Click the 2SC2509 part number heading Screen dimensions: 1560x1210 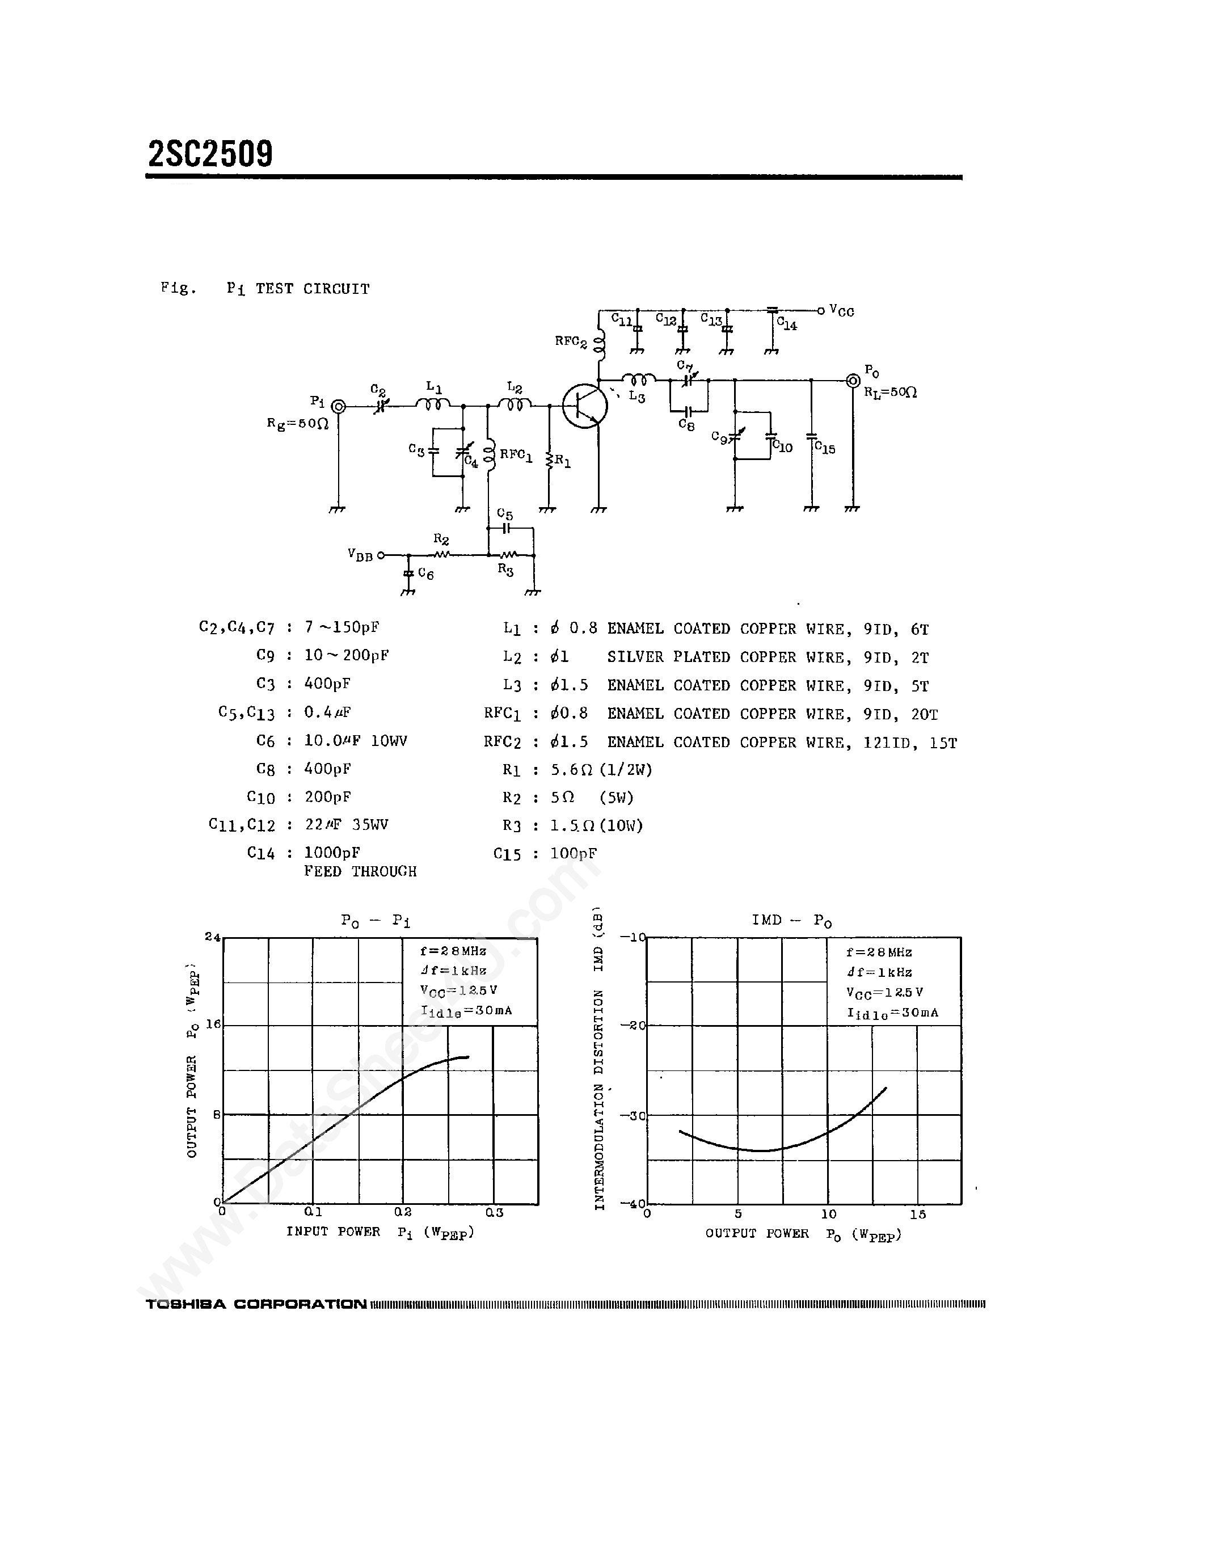(x=210, y=154)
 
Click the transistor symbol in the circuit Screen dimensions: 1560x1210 (x=585, y=406)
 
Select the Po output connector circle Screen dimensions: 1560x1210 (x=852, y=381)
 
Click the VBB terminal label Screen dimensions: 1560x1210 (x=360, y=555)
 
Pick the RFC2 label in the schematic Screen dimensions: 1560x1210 (x=571, y=342)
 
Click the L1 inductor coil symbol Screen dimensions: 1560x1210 (x=433, y=405)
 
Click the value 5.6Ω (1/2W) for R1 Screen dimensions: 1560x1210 (x=601, y=769)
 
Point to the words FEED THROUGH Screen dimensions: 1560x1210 (x=360, y=871)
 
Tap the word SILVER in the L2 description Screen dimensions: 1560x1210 (x=635, y=657)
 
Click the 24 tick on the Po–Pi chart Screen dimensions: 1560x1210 (x=212, y=937)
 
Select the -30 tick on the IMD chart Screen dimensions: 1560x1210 (x=632, y=1116)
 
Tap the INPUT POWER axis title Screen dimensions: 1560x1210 (x=333, y=1232)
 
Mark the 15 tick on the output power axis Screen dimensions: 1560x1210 (x=918, y=1215)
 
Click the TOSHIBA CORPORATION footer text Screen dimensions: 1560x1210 (x=256, y=1304)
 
